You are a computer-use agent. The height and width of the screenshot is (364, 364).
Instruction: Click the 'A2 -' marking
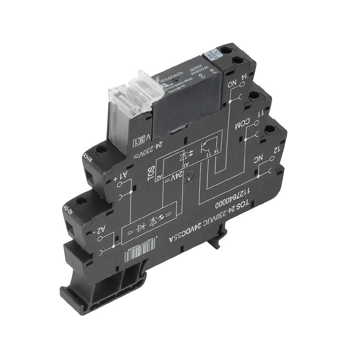[102, 230]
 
